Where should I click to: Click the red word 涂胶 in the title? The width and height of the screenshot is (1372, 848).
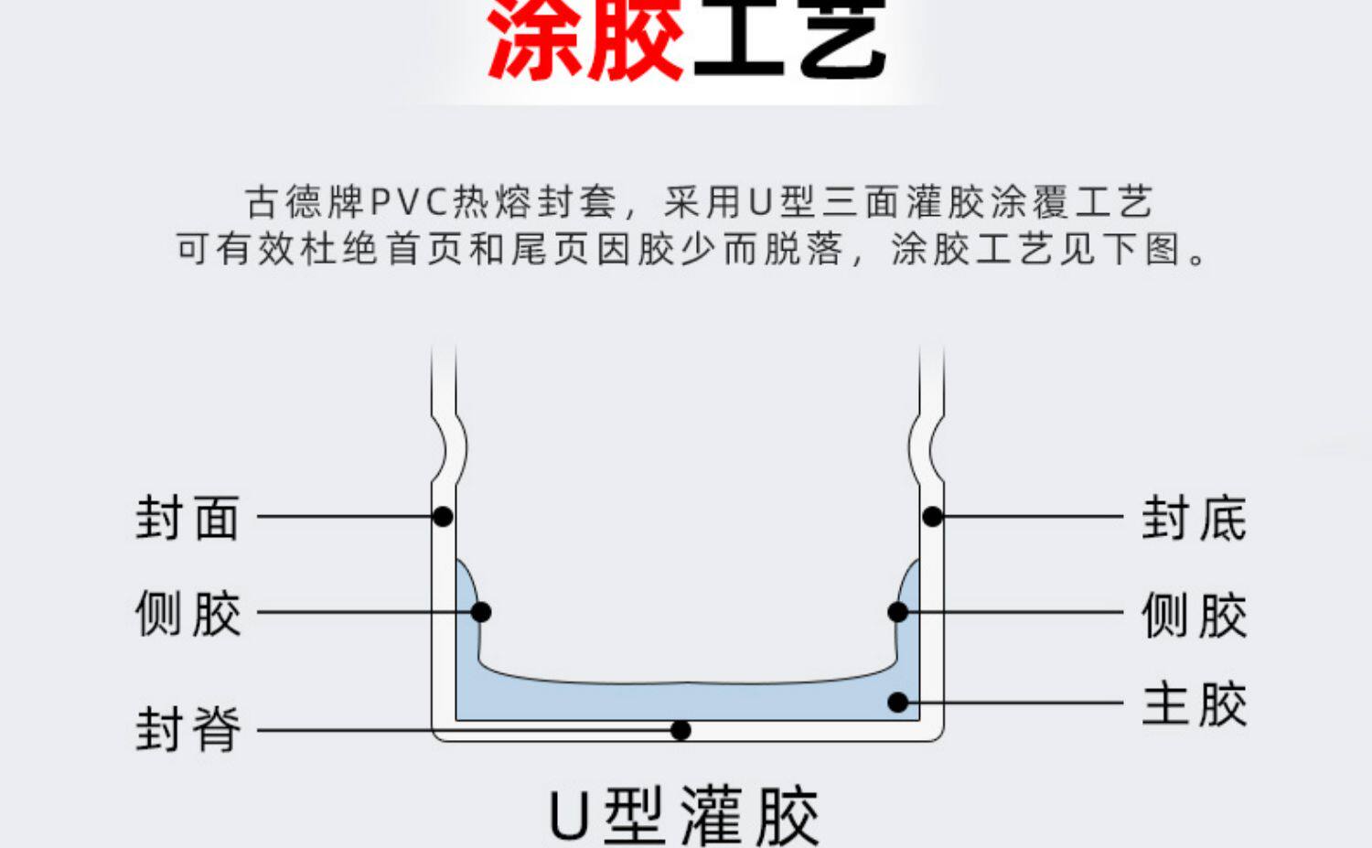point(585,41)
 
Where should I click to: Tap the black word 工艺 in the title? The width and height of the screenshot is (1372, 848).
point(788,41)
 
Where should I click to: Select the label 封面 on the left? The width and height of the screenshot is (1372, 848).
point(188,518)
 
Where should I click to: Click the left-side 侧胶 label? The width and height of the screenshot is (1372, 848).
point(188,613)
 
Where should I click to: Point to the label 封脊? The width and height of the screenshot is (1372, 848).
point(188,729)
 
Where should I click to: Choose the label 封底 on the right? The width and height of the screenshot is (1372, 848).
point(1194,518)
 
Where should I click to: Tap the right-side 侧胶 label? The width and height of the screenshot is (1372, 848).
point(1194,613)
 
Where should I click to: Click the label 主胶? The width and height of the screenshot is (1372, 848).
point(1194,703)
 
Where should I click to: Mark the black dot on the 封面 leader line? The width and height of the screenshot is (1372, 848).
point(443,517)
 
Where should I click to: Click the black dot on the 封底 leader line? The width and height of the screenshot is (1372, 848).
point(932,517)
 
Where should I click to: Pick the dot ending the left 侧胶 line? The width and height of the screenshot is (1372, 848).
point(481,612)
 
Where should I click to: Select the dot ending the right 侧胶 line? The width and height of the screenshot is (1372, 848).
point(898,612)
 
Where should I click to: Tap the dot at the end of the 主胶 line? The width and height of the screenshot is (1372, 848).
point(898,703)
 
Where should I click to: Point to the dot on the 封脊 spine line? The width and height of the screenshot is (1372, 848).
point(681,730)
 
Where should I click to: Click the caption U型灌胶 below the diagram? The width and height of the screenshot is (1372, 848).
point(684,815)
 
